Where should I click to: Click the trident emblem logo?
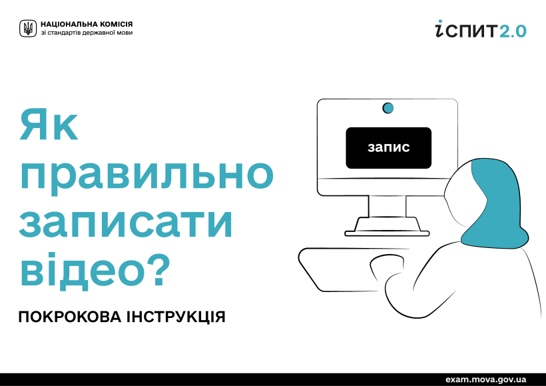28,28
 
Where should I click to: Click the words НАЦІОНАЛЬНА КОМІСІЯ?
87,25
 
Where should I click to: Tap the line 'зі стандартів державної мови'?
87,33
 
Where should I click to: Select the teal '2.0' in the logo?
513,31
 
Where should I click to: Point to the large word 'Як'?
49,125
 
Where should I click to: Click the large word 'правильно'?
146,176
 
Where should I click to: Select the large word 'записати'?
126,223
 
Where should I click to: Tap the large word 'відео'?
81,271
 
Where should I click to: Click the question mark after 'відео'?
158,269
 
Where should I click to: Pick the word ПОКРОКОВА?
70,317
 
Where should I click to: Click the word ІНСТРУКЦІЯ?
176,317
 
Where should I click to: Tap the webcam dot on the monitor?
388,108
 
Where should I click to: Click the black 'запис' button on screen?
389,148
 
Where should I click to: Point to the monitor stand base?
387,227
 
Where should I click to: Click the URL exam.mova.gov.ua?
486,379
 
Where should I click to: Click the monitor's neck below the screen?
388,206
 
